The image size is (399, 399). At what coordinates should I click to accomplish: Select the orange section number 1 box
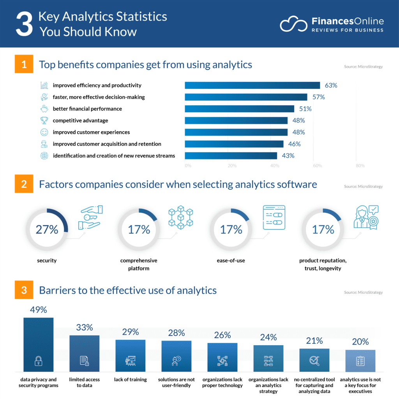24,64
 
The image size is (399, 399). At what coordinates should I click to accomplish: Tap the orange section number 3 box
24,290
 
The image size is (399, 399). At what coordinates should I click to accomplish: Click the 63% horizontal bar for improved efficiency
252,85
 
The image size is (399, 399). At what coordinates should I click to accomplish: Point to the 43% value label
288,155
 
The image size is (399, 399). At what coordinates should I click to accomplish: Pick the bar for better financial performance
239,109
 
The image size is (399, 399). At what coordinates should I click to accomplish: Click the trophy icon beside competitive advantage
44,120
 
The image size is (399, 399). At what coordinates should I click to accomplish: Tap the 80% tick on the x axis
360,166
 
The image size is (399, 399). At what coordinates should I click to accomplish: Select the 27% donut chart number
47,230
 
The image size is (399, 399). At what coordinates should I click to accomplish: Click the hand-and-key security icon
90,217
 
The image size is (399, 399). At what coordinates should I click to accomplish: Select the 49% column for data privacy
38,344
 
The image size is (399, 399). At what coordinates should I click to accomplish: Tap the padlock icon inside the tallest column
38,362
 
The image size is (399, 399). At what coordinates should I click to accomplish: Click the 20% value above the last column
360,342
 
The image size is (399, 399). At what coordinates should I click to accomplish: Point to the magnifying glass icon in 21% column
314,361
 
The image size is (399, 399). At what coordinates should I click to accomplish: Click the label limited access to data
85,382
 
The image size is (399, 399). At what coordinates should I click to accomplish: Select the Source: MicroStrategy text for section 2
363,187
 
